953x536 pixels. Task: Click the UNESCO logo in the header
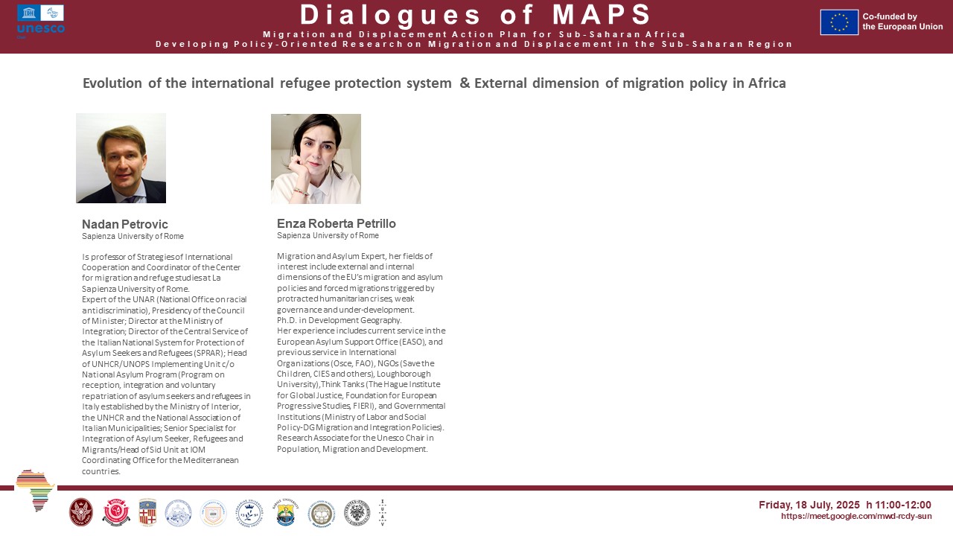(41, 21)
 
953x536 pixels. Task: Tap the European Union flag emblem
(839, 22)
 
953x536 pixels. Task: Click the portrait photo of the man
(121, 158)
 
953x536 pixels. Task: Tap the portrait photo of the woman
(316, 159)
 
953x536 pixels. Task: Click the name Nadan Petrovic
(125, 224)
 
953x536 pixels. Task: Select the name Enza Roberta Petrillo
(337, 223)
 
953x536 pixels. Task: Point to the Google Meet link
(856, 516)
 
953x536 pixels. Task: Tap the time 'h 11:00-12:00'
(899, 505)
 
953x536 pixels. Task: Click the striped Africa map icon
(34, 489)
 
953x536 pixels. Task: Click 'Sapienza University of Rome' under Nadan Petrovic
(133, 237)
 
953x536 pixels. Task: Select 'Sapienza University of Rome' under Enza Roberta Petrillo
(328, 236)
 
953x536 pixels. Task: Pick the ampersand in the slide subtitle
(465, 83)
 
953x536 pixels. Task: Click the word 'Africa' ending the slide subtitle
(768, 83)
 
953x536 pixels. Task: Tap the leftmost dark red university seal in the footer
(80, 512)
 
